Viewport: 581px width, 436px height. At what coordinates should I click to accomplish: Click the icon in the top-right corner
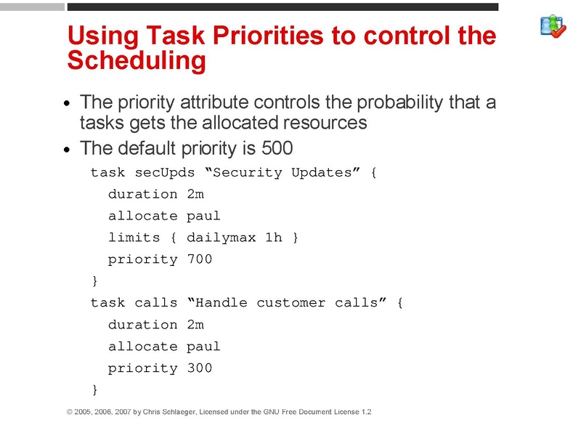(553, 25)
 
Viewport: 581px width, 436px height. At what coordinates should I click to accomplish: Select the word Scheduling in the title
(137, 61)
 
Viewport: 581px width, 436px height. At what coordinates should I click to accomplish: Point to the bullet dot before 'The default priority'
(68, 150)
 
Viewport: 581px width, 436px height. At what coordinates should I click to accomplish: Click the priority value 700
(200, 259)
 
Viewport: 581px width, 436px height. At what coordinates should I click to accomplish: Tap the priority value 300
(200, 368)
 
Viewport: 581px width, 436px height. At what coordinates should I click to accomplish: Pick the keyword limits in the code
(134, 238)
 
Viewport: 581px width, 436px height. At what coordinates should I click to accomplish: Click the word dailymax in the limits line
(222, 238)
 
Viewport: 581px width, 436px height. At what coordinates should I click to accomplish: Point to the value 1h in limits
(274, 238)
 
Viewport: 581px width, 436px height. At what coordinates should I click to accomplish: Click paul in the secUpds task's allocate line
(203, 216)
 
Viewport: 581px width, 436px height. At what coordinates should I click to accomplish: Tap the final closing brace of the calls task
(94, 389)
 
